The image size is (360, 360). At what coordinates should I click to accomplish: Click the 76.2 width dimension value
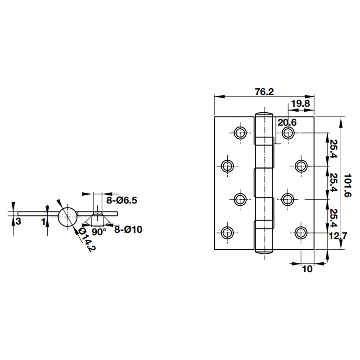pos(264,91)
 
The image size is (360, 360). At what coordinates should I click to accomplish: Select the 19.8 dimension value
pos(300,104)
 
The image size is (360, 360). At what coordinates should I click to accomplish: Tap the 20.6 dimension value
pos(287,122)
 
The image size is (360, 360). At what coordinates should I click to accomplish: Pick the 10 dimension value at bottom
pos(307,270)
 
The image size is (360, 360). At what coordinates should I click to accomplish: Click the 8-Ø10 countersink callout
pos(128,229)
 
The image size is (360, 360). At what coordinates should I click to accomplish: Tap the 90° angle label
pos(99,232)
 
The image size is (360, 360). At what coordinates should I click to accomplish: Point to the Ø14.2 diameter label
pos(87,240)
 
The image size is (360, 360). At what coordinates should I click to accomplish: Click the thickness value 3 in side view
pos(18,221)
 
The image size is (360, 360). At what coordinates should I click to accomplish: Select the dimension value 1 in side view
pos(43,221)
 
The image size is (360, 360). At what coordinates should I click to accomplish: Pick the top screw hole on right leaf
pos(288,133)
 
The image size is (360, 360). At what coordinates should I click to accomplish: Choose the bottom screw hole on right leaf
pos(301,233)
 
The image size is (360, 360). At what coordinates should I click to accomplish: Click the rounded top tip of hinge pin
pos(264,112)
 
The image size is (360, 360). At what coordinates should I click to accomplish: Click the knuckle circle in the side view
pos(67,217)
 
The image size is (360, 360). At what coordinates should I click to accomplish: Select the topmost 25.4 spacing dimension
pos(333,149)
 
